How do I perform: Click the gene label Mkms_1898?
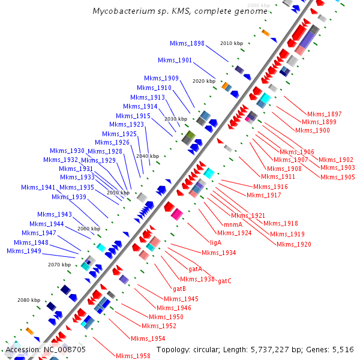click(187, 43)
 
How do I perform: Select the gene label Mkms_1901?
click(175, 60)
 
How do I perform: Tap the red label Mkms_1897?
click(324, 114)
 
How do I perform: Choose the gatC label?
click(224, 281)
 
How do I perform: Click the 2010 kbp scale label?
click(232, 43)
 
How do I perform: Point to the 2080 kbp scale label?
click(29, 300)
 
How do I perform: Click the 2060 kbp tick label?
click(89, 229)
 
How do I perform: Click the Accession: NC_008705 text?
click(46, 349)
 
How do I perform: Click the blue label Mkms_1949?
click(24, 251)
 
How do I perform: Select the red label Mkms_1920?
click(294, 244)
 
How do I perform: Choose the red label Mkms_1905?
click(337, 177)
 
